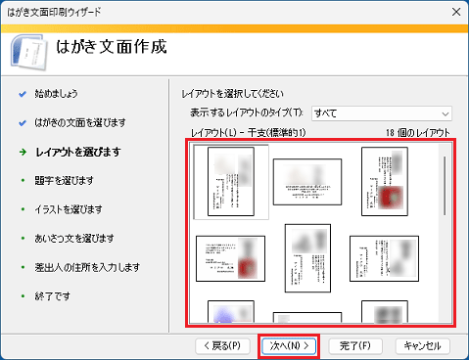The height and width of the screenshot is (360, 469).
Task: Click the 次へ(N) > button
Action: pos(289,345)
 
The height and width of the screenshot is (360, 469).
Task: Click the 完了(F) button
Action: pos(354,345)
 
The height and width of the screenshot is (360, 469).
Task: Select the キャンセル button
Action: pos(423,345)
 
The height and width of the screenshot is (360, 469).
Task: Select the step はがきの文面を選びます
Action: pos(79,123)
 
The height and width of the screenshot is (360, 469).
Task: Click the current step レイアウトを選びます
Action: pos(77,152)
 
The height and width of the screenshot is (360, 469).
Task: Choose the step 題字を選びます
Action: pos(64,180)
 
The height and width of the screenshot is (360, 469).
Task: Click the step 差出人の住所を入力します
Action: pos(87,267)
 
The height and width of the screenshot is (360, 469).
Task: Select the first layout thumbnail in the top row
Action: pos(231,183)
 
